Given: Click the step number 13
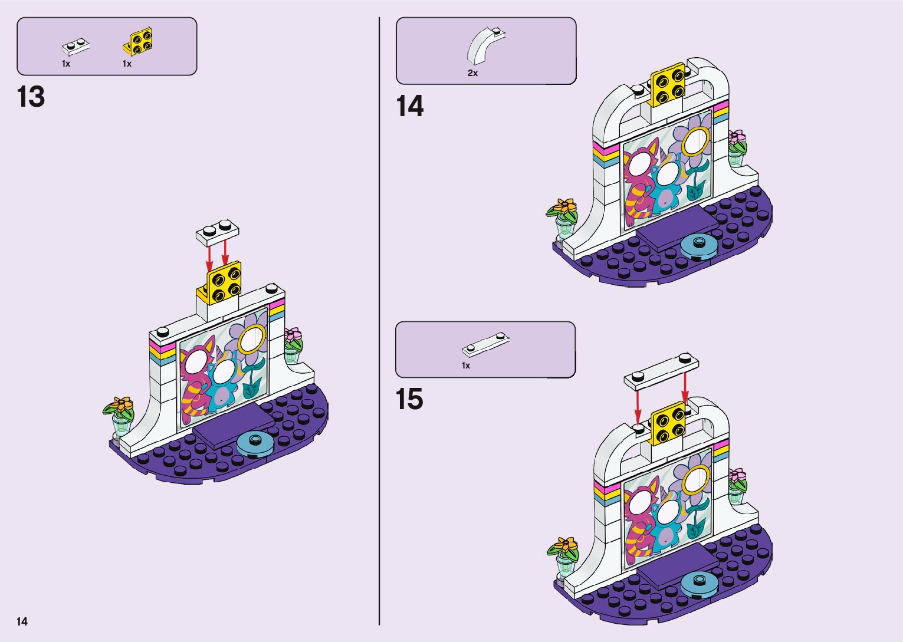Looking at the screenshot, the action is pyautogui.click(x=31, y=97).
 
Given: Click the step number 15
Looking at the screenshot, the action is pyautogui.click(x=409, y=399).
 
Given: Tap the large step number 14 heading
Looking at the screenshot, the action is pyautogui.click(x=409, y=107).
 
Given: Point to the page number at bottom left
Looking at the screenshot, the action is pyautogui.click(x=22, y=621).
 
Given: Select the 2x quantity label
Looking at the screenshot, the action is pyautogui.click(x=472, y=73).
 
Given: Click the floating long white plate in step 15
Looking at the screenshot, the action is pyautogui.click(x=661, y=371).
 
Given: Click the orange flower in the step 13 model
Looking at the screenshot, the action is pyautogui.click(x=122, y=405).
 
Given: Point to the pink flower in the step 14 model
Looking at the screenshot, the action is pyautogui.click(x=737, y=140).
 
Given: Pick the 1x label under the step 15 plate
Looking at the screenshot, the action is pyautogui.click(x=466, y=366).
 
